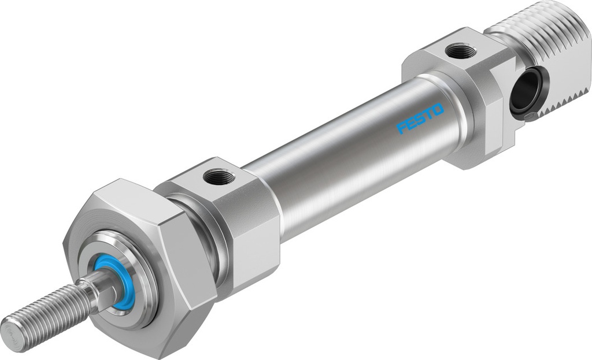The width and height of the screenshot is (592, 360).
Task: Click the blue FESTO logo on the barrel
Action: coord(420,118)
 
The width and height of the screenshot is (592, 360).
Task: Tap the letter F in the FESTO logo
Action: coord(401,128)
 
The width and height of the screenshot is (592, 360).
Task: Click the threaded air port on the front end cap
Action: coord(219,176)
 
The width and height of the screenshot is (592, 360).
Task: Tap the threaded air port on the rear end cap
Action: coord(461,51)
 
